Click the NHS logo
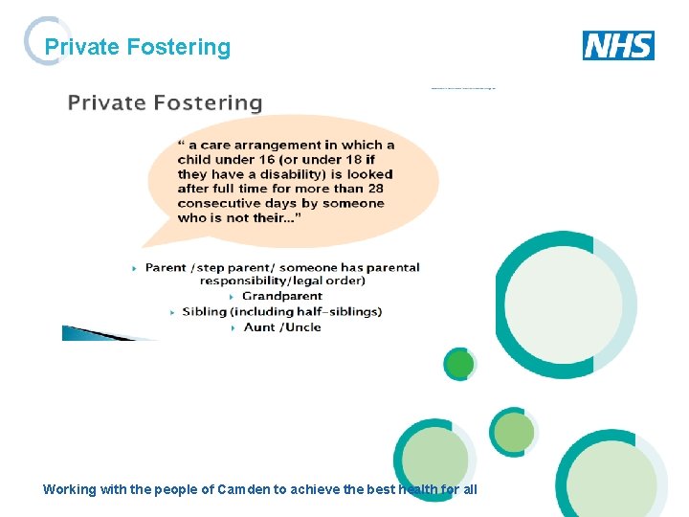(x=618, y=45)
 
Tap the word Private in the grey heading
(x=106, y=102)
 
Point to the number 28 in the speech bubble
(x=373, y=189)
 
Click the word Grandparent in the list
(x=282, y=297)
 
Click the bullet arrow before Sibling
(x=172, y=312)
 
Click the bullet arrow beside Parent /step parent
(x=135, y=268)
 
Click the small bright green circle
(x=459, y=364)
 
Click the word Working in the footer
(x=70, y=489)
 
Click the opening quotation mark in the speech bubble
(x=181, y=145)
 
